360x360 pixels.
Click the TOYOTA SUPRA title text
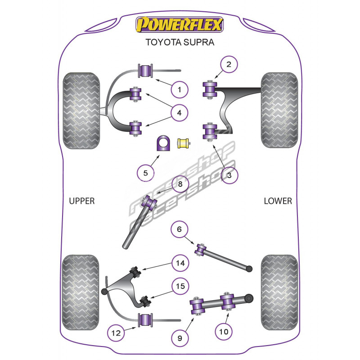point(180,43)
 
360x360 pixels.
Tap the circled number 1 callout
point(180,90)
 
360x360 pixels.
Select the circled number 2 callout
point(229,65)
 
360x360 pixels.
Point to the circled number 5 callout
point(145,172)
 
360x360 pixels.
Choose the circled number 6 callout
point(179,229)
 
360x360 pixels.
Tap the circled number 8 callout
point(180,184)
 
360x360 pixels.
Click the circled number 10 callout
point(224,332)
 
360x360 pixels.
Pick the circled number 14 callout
point(180,263)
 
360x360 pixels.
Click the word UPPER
point(82,201)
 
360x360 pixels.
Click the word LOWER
point(278,201)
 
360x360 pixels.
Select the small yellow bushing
point(183,144)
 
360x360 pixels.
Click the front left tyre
point(81,110)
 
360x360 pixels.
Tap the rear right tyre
point(279,292)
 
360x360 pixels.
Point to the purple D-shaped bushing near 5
point(162,144)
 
